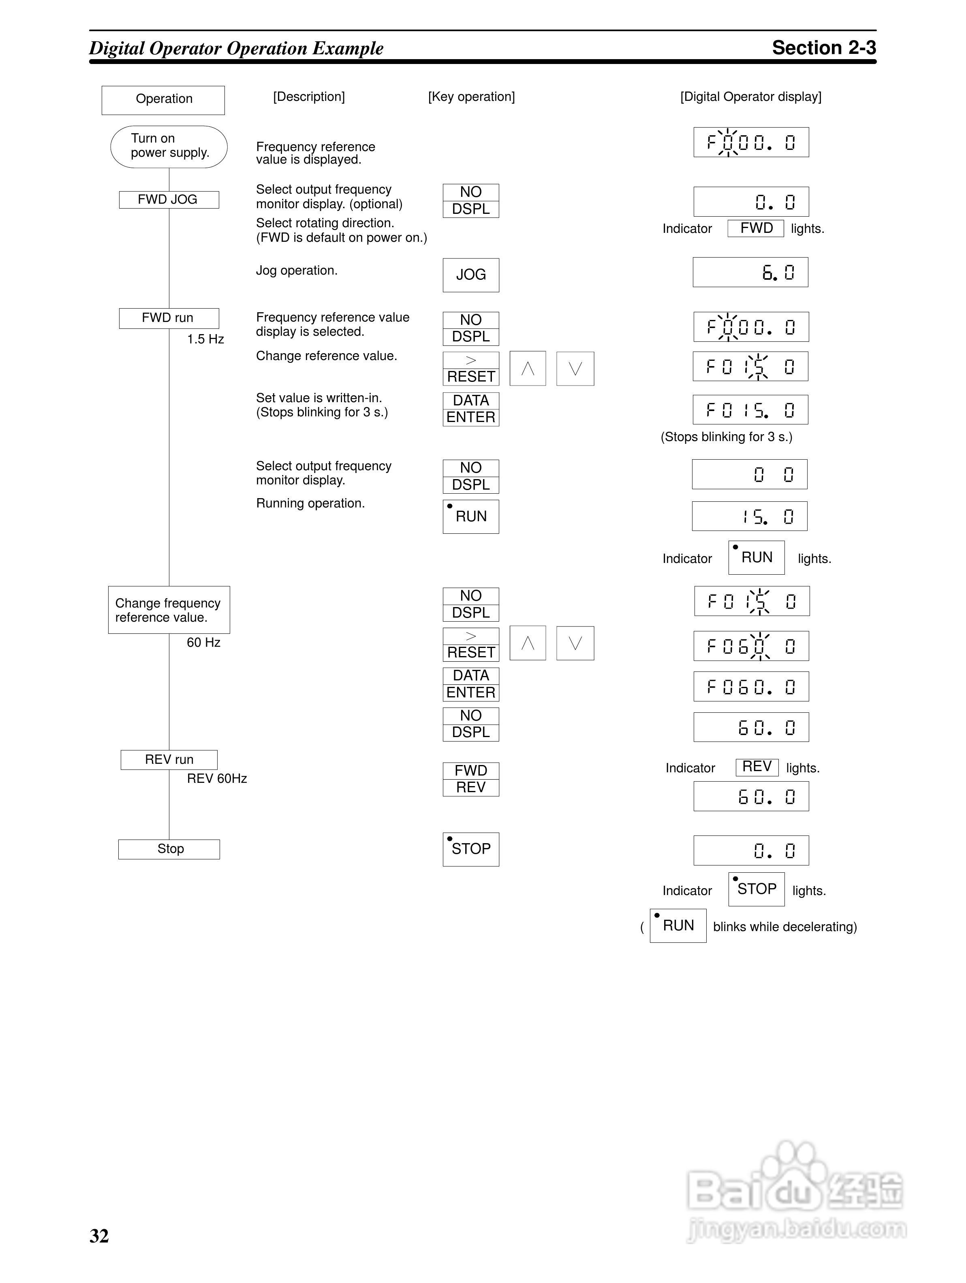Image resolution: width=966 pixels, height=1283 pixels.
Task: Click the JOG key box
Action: [470, 275]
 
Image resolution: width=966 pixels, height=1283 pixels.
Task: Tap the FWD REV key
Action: [470, 779]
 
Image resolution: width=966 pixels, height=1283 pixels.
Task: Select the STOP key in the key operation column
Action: [470, 849]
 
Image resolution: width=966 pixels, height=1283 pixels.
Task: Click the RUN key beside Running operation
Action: [470, 516]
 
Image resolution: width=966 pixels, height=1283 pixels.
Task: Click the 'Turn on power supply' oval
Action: [169, 147]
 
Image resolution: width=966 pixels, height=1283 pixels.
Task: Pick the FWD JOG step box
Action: [169, 200]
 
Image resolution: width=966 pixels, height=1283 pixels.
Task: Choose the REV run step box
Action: [169, 760]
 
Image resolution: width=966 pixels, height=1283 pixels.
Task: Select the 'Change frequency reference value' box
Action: [169, 610]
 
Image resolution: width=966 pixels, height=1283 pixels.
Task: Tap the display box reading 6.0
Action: [750, 272]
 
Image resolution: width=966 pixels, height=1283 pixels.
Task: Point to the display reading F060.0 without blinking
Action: [751, 687]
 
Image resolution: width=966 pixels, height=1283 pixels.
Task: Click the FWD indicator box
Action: [755, 228]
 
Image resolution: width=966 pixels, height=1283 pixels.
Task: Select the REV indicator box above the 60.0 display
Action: [757, 767]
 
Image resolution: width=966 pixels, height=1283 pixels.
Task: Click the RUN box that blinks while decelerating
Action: [677, 926]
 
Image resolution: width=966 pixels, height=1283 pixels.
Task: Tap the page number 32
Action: [99, 1236]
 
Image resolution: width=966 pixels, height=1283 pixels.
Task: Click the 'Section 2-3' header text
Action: [823, 47]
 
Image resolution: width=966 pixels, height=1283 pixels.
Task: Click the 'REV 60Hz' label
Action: [216, 778]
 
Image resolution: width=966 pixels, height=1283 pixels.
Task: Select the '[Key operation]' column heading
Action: [471, 97]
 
